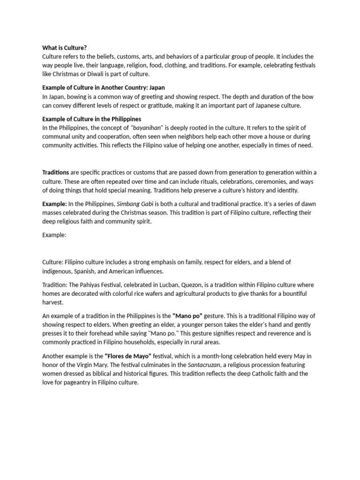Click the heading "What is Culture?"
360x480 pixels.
65,48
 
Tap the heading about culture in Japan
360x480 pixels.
103,88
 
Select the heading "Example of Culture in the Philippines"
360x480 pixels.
91,119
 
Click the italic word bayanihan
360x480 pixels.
146,128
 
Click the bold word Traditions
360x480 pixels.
56,172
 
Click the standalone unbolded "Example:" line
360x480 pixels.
54,235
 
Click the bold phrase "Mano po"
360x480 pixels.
187,316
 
